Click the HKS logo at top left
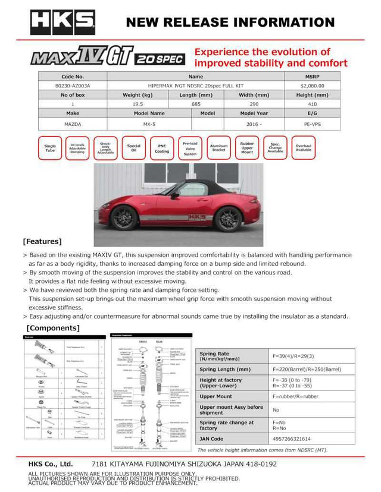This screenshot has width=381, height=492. point(63,22)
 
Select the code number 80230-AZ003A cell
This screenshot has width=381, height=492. point(72,86)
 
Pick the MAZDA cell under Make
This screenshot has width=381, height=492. point(72,125)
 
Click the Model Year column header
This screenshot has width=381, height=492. point(254,113)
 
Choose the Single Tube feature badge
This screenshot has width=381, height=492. point(50,148)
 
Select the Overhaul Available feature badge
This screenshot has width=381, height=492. point(303,148)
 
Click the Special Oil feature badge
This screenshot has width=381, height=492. point(133,148)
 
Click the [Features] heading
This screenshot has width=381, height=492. point(42,241)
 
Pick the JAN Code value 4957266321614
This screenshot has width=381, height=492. point(292,439)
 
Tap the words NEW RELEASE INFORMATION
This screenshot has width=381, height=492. point(230,23)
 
